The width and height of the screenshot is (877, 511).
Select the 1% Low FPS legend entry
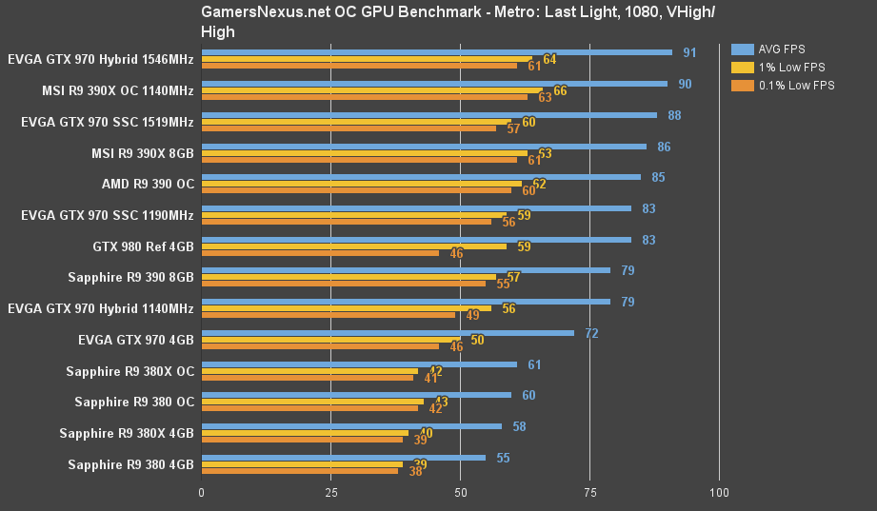click(x=790, y=68)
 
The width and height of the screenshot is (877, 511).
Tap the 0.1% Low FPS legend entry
click(x=796, y=86)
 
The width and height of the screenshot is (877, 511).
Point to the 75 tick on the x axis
click(x=588, y=493)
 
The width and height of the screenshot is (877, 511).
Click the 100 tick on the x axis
click(x=719, y=493)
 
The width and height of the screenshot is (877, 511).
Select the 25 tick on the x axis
click(x=330, y=493)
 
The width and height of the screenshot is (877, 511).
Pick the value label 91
click(x=689, y=52)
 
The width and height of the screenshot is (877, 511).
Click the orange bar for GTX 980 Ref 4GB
click(x=320, y=253)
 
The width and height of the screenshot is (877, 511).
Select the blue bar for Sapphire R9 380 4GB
click(x=343, y=458)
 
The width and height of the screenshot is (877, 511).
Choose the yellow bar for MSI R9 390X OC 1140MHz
click(x=371, y=90)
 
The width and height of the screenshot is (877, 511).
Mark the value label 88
click(x=674, y=115)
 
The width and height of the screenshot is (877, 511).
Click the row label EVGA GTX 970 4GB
click(x=136, y=339)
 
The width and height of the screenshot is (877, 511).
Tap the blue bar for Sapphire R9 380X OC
click(x=359, y=364)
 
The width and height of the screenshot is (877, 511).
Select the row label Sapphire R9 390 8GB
click(x=130, y=277)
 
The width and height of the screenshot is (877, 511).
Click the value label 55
click(x=503, y=458)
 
